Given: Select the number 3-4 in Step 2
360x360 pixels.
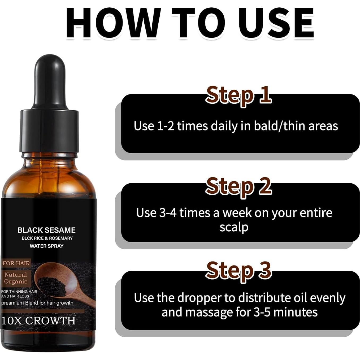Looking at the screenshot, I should point(168,213).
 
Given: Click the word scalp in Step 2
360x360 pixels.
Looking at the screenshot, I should point(234,227).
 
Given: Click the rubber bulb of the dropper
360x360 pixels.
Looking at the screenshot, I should point(50,80).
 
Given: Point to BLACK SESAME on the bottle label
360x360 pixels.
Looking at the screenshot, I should point(46,230).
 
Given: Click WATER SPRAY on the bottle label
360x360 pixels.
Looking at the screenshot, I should point(46,246).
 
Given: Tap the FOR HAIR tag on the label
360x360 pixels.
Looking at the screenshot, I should point(16,263).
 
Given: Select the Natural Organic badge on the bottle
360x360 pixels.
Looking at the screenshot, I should point(16,278).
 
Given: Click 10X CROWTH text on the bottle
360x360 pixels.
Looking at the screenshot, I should point(38,321).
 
